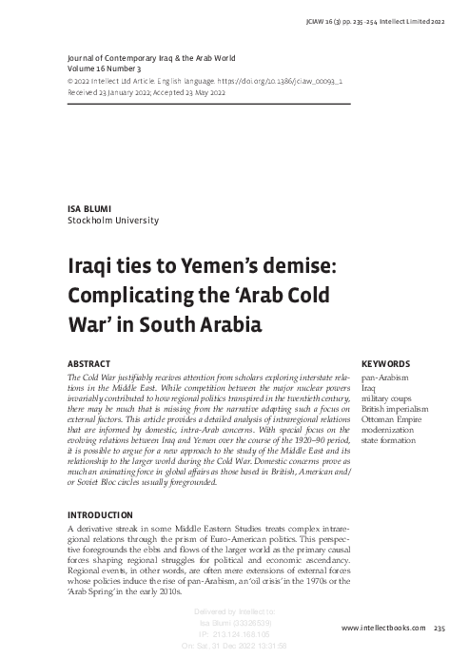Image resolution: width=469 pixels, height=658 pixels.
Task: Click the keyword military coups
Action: coord(385,398)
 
